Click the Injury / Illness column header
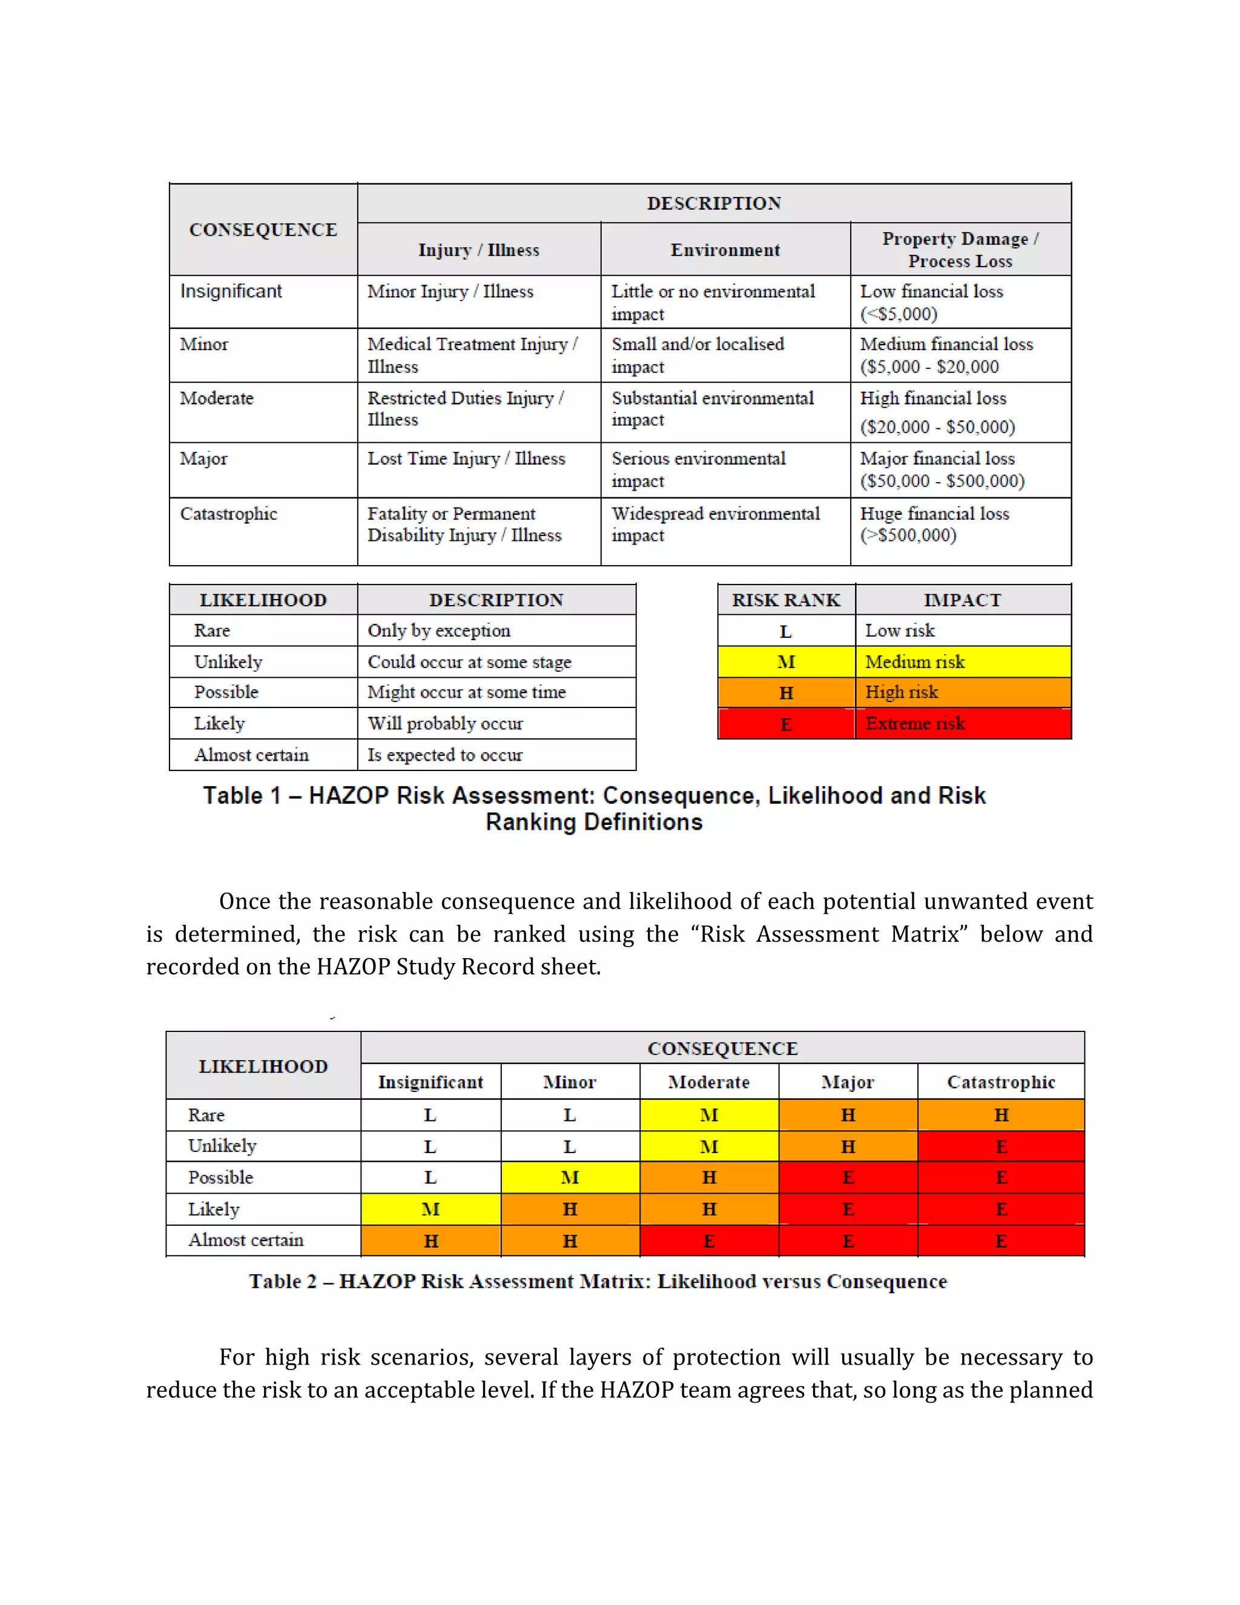478,250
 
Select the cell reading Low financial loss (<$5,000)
960,302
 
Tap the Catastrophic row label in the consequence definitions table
228,514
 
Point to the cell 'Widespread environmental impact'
724,525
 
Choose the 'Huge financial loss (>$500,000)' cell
960,525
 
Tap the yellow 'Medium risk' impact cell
962,661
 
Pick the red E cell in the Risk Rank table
786,724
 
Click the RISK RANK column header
786,600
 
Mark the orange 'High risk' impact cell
962,692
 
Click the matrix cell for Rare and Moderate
709,1115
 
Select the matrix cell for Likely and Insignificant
430,1209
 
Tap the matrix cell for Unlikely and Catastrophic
1000,1147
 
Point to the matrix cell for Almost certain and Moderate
709,1241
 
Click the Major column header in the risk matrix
848,1082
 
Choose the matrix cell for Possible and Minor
570,1177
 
